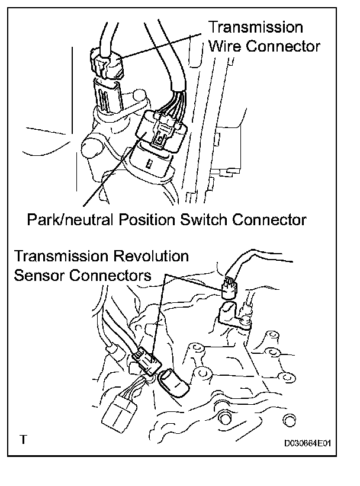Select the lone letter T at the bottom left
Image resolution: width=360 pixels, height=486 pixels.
click(22, 440)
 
